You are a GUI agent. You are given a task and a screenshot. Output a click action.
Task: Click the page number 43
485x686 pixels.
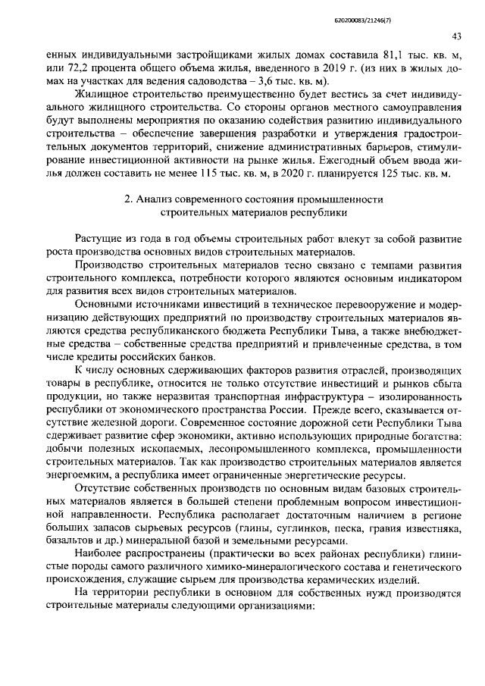tap(456, 36)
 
